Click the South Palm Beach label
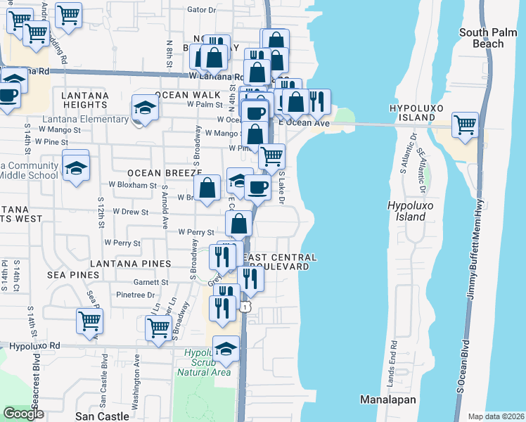pos(492,38)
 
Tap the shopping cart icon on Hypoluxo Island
pos(465,126)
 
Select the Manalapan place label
pos(388,399)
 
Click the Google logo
pos(23,414)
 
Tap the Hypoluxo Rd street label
pos(33,346)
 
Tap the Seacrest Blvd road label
pos(37,380)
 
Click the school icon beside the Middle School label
pos(75,167)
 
